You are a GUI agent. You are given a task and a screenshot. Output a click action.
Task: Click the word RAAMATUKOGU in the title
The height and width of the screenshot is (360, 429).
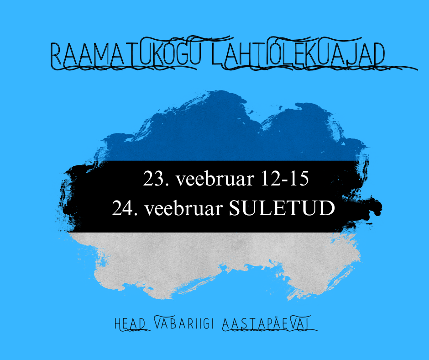click(123, 56)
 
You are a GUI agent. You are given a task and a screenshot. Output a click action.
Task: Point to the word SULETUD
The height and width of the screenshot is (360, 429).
click(282, 209)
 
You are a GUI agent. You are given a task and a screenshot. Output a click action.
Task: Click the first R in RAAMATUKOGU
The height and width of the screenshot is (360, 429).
click(55, 56)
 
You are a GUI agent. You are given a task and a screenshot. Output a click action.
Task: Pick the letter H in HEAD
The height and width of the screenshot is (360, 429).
click(118, 324)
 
